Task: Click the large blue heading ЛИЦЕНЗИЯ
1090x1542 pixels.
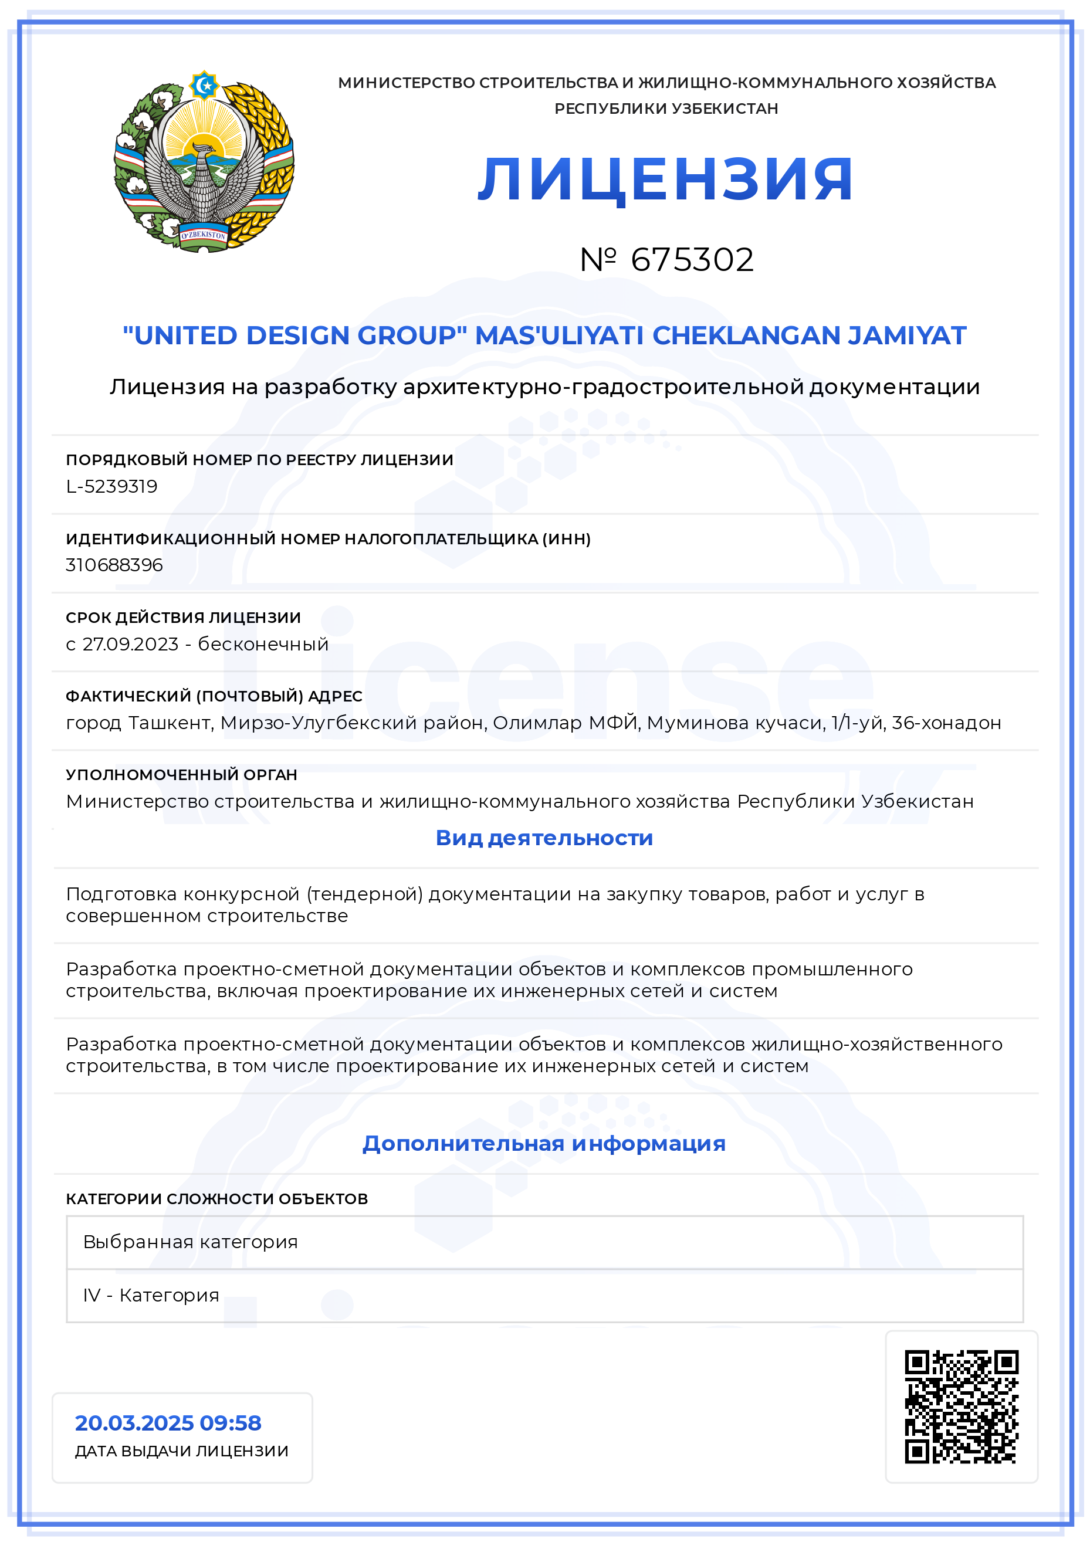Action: coord(665,179)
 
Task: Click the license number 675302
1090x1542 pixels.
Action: coord(692,260)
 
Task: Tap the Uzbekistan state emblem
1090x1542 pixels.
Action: coord(204,162)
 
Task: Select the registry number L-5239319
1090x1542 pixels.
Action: coord(111,486)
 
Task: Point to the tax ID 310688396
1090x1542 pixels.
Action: coord(114,565)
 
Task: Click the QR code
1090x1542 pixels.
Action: coord(961,1407)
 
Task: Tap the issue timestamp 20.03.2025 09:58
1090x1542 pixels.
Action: coord(168,1422)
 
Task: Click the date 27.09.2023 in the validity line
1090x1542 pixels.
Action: coord(130,644)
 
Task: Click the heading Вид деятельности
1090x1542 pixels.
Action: coord(544,838)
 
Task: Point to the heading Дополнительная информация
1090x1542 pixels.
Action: coord(544,1143)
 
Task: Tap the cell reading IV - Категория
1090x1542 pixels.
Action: coord(151,1295)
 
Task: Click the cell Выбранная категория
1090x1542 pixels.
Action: coord(190,1242)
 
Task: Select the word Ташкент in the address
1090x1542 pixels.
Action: coord(170,723)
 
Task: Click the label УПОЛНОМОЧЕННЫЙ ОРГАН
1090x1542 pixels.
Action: coord(181,774)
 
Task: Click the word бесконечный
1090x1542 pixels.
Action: coord(263,644)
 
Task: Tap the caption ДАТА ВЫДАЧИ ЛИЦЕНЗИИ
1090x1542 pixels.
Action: coord(181,1451)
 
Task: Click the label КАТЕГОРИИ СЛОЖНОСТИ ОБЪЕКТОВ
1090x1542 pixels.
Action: coord(217,1199)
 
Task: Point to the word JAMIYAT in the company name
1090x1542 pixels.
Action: coord(906,335)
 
